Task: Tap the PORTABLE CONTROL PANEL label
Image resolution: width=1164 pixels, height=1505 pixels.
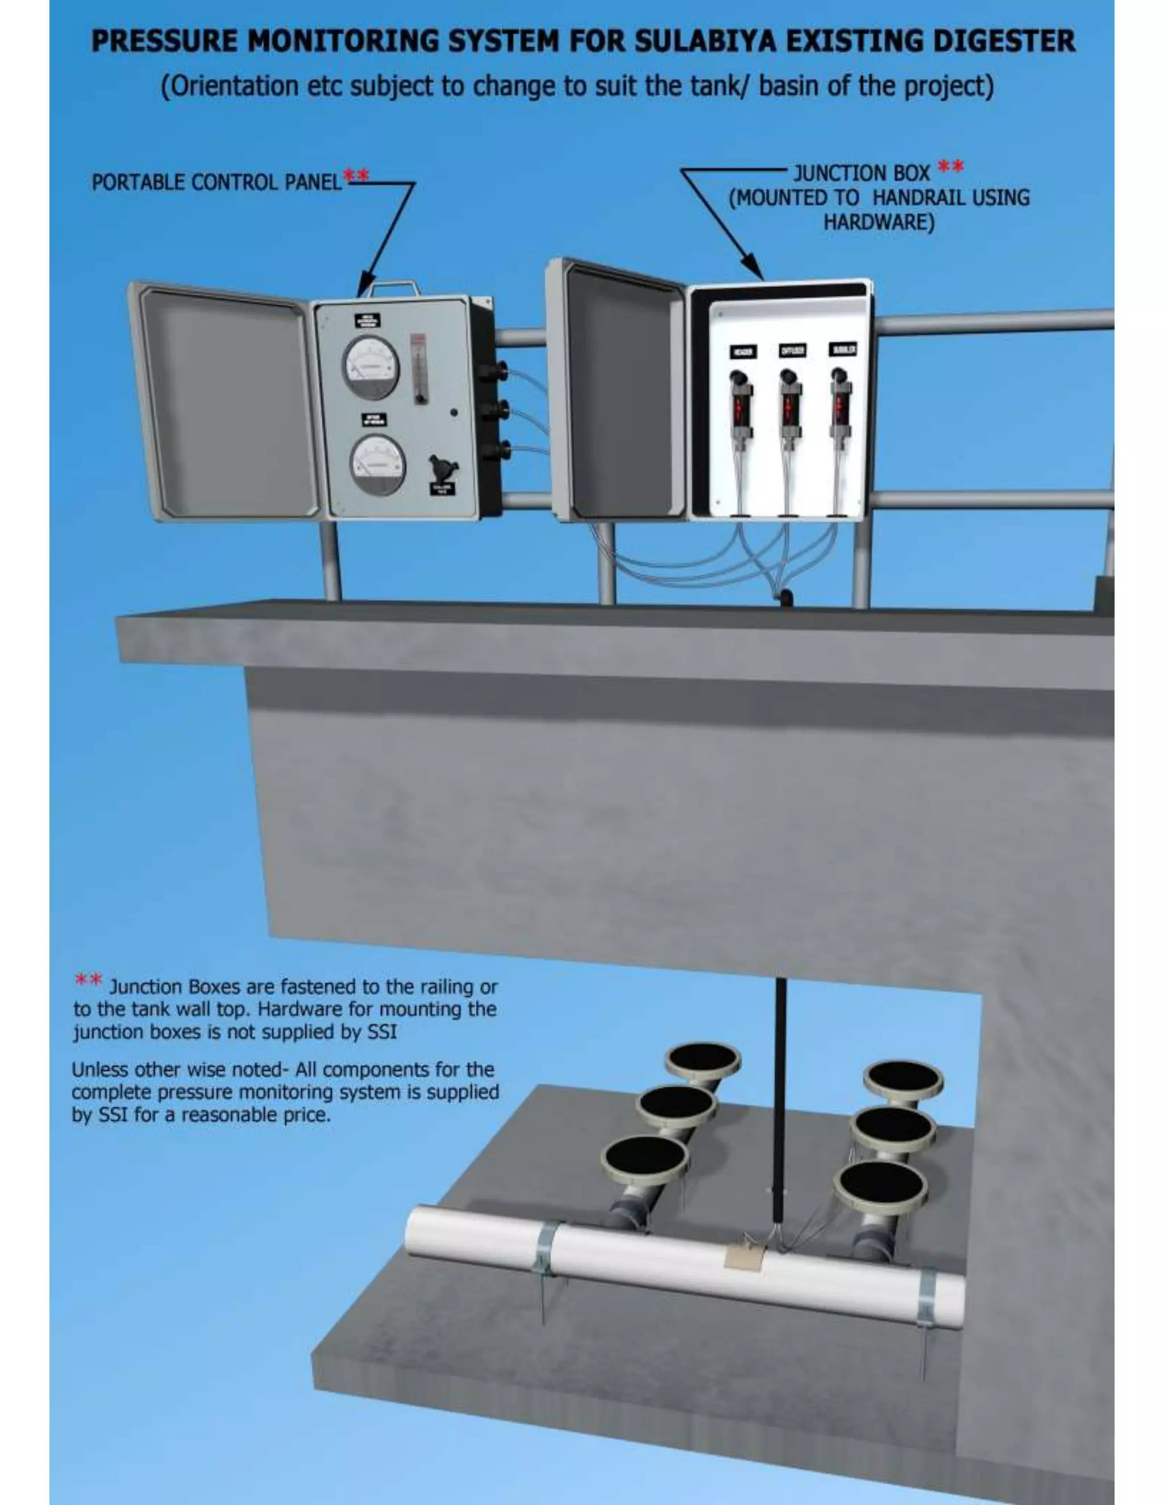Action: [x=216, y=183]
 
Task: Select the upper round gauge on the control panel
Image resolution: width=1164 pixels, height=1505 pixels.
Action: [x=371, y=367]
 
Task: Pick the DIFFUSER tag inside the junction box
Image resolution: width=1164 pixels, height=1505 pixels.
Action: [x=792, y=351]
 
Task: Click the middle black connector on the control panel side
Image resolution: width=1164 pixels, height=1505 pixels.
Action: [x=494, y=411]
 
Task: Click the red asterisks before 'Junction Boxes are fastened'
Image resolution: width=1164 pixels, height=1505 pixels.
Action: [x=88, y=980]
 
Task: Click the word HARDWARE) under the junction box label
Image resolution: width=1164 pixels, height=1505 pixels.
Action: [x=879, y=223]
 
